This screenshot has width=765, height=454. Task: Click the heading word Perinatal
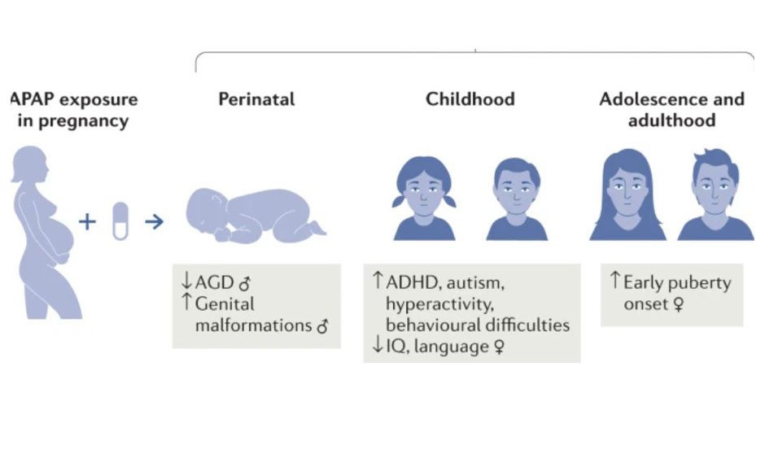[256, 99]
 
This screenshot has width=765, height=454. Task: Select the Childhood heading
[470, 99]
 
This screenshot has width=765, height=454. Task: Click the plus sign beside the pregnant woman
[87, 222]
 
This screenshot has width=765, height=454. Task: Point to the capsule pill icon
[120, 221]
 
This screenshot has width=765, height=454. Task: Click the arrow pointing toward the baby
[154, 222]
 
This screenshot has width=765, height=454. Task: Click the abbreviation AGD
[214, 283]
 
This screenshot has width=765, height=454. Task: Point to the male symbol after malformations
[322, 325]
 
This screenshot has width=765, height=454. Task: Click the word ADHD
[413, 283]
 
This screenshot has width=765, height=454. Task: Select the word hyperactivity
[439, 304]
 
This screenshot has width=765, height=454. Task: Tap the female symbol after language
[499, 347]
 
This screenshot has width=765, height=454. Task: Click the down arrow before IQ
[378, 344]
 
